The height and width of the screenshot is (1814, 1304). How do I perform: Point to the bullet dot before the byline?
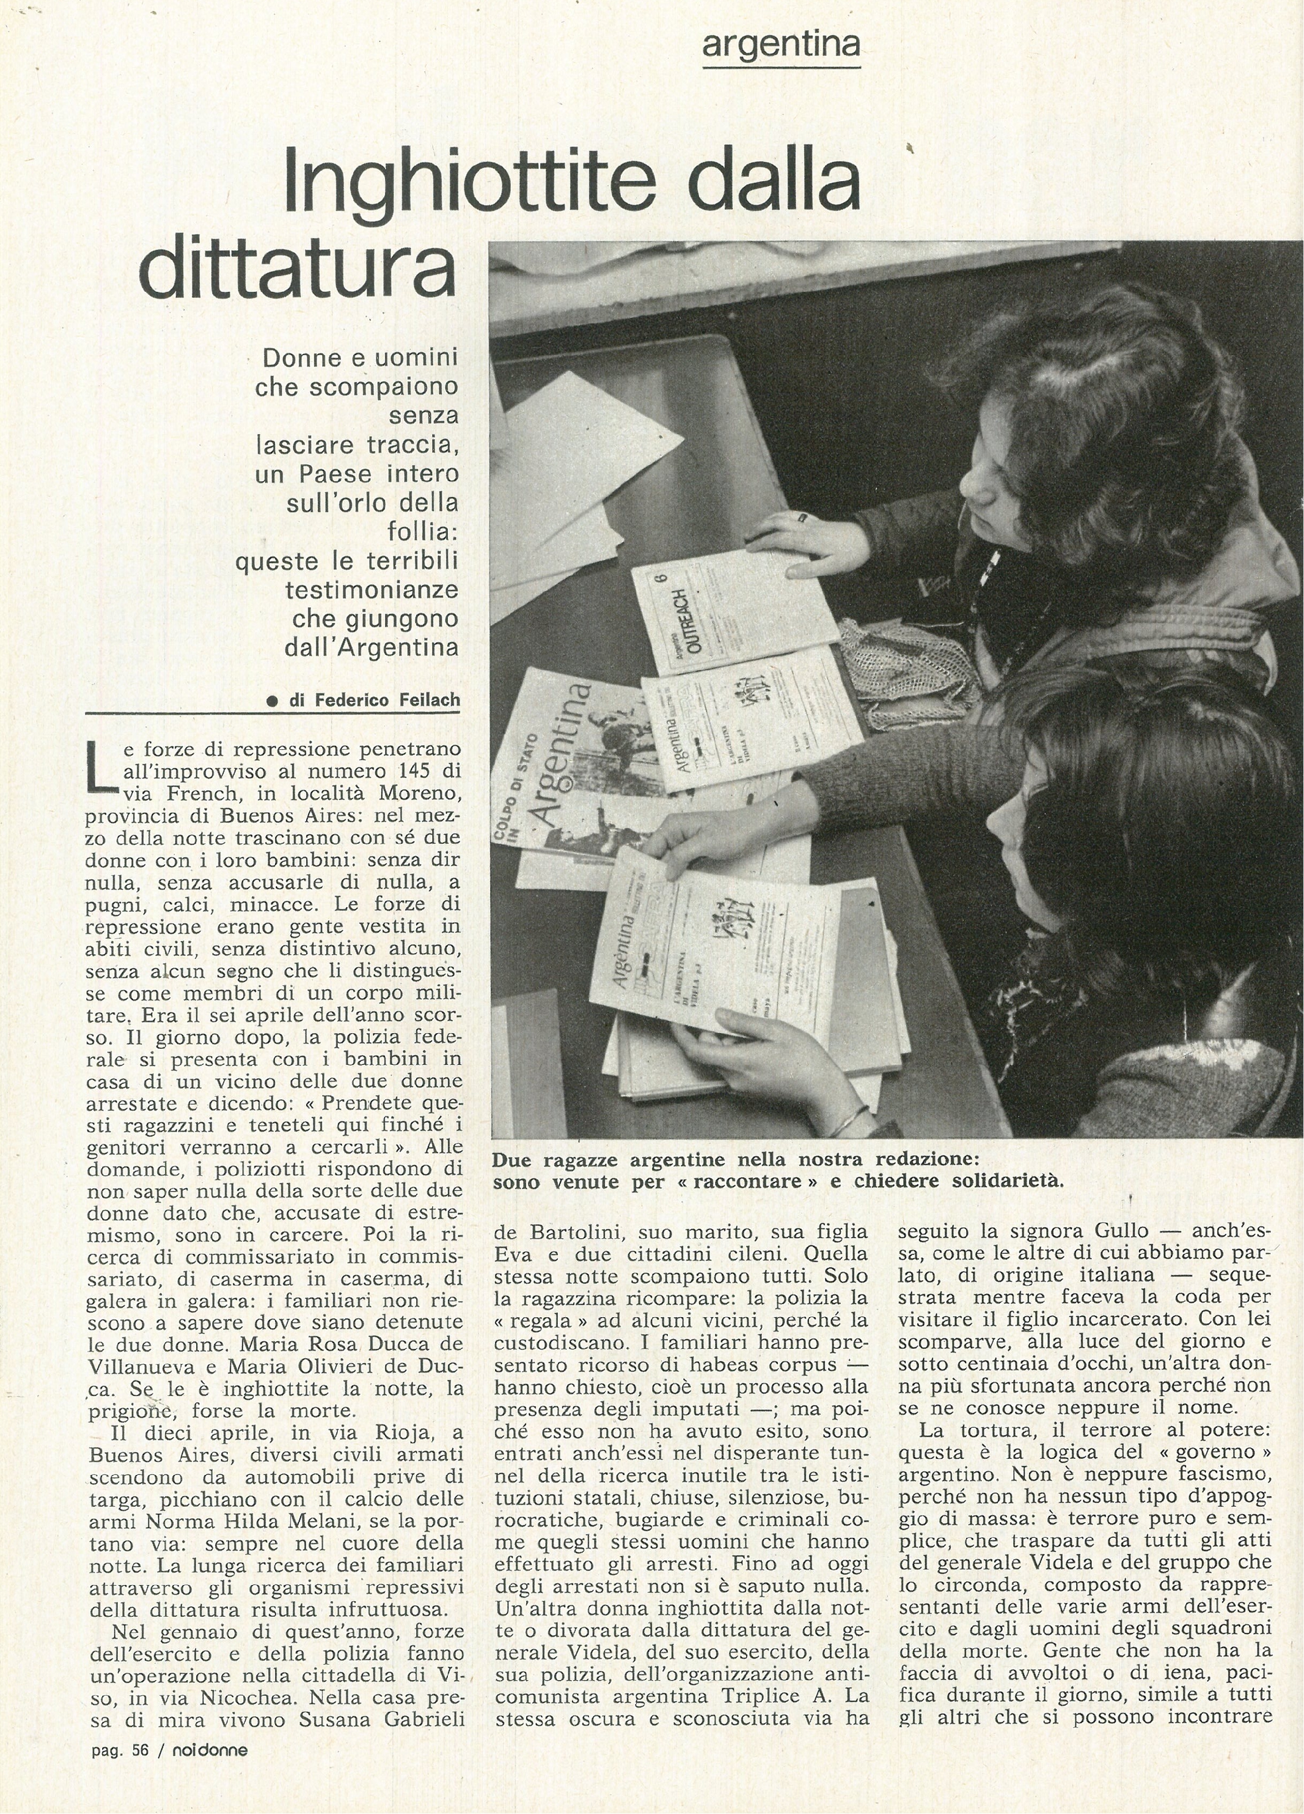pos(273,701)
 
